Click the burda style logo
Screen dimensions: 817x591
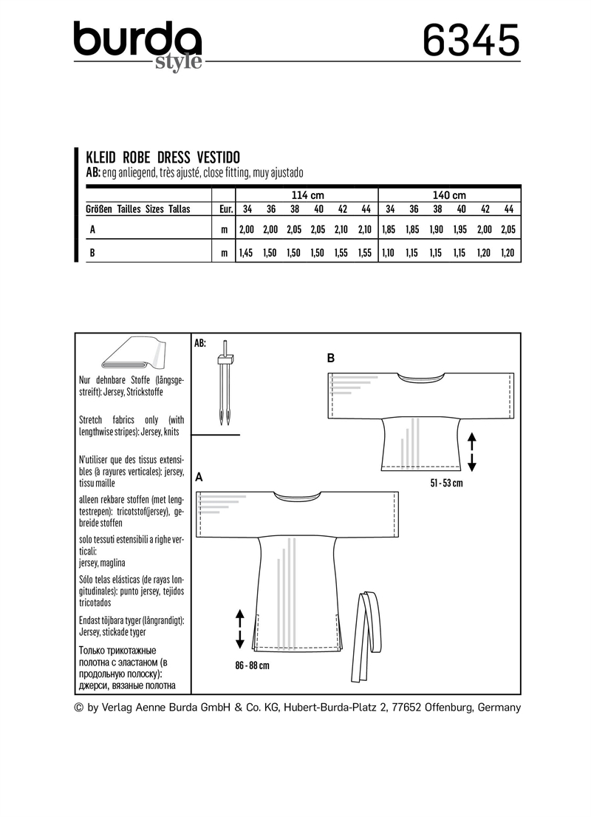pyautogui.click(x=137, y=46)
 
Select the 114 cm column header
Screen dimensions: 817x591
pyautogui.click(x=307, y=195)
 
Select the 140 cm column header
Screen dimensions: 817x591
pyautogui.click(x=450, y=195)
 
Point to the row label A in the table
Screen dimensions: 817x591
pyautogui.click(x=92, y=231)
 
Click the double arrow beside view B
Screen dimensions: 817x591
pyautogui.click(x=472, y=452)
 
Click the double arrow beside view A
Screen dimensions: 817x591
pyautogui.click(x=239, y=628)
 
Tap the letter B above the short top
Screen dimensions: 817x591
pyautogui.click(x=331, y=359)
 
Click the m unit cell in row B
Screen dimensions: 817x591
pyautogui.click(x=223, y=253)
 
